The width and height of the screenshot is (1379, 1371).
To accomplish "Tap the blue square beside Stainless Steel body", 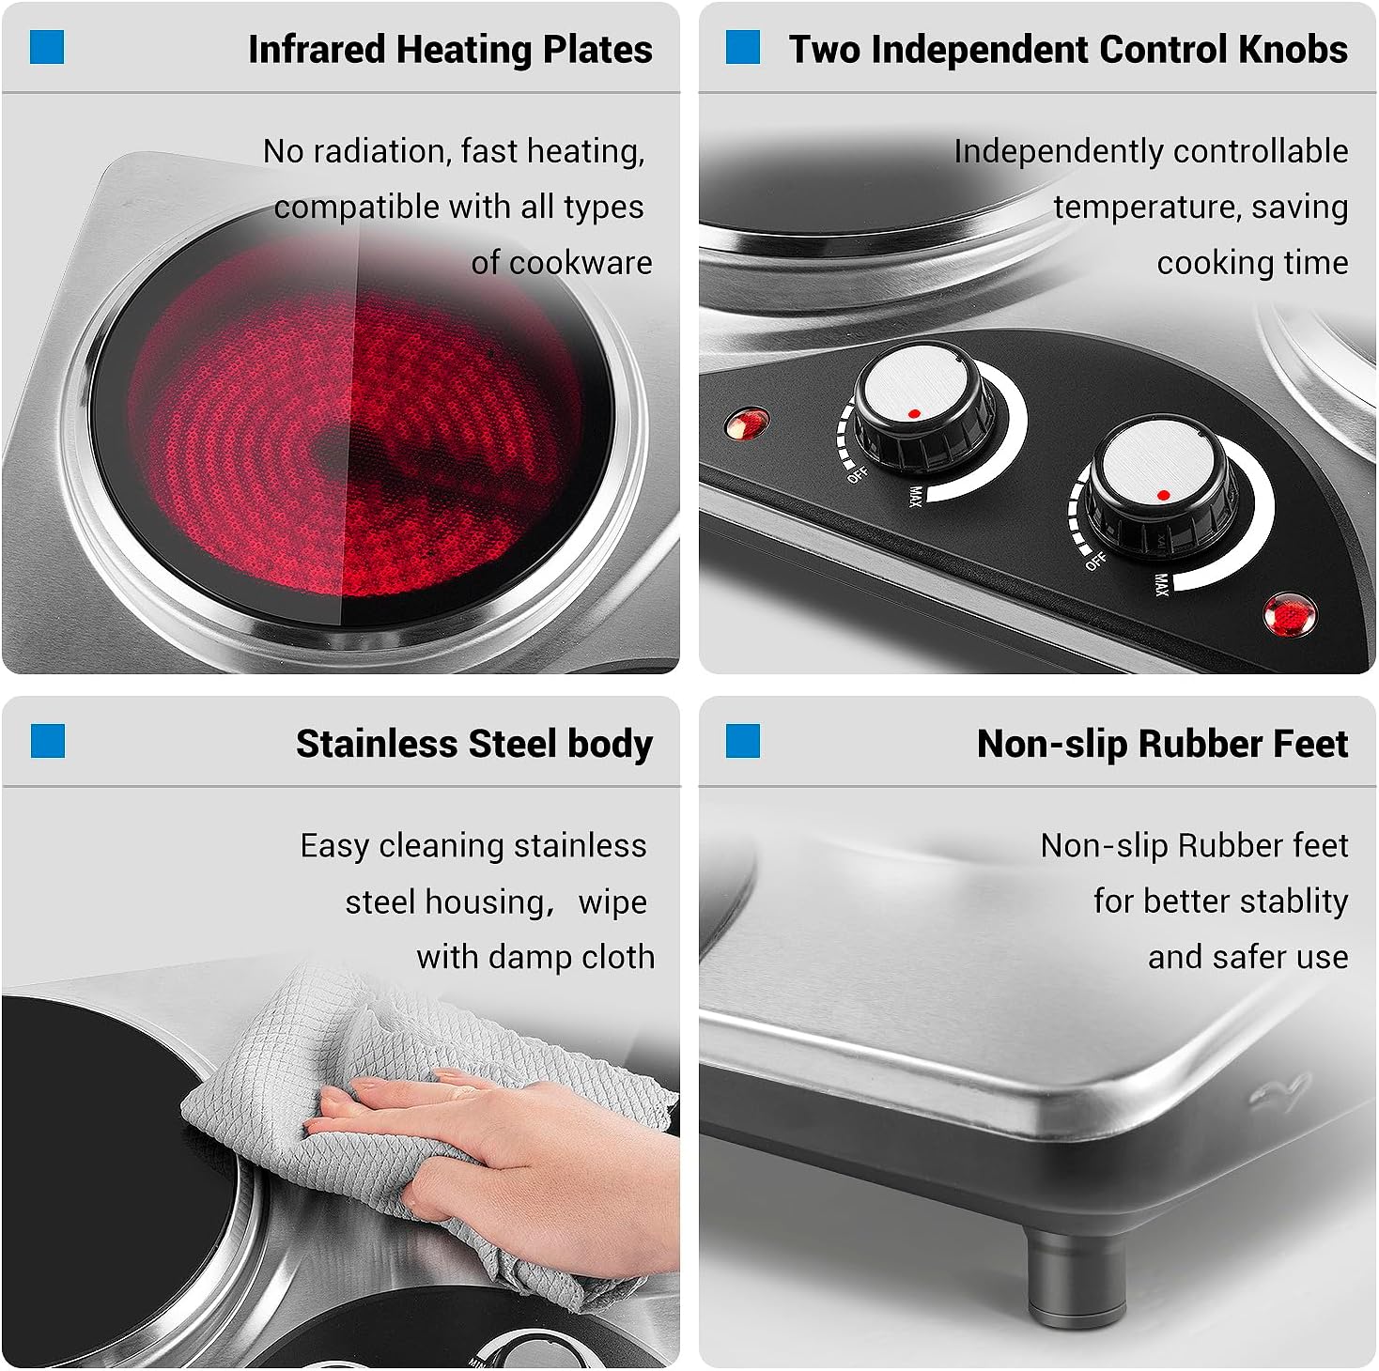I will [47, 741].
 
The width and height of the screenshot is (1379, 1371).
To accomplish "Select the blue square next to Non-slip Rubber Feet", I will [743, 741].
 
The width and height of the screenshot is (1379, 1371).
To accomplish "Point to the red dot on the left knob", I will [914, 413].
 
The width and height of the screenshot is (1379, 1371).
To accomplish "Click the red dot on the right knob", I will [1163, 495].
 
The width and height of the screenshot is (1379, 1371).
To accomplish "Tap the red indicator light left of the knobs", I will [747, 423].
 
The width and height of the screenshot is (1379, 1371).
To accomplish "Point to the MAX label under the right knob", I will [1161, 585].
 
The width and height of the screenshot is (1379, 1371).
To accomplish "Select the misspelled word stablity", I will [1294, 901].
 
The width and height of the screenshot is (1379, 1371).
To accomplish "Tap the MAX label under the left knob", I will [914, 495].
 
